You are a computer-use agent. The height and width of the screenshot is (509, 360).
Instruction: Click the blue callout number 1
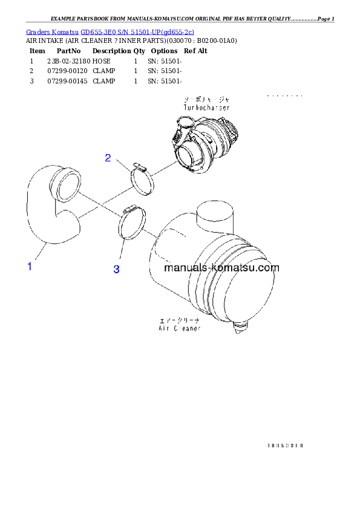click(x=30, y=265)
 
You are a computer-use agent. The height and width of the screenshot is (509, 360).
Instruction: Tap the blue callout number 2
click(x=108, y=158)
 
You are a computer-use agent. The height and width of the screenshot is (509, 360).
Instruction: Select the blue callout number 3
click(x=117, y=269)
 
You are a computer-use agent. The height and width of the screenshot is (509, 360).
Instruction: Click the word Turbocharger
click(x=206, y=107)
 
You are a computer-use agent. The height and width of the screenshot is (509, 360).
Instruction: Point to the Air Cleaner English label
click(x=180, y=328)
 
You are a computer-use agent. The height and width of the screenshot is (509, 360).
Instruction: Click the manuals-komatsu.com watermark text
click(x=221, y=268)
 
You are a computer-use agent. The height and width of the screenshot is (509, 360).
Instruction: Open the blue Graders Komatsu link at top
click(x=110, y=31)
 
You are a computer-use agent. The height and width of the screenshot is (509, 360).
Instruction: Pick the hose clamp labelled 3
click(x=133, y=224)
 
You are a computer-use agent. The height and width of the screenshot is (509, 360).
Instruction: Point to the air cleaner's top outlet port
click(x=215, y=214)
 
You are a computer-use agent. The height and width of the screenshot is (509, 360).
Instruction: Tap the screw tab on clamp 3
click(x=128, y=210)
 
